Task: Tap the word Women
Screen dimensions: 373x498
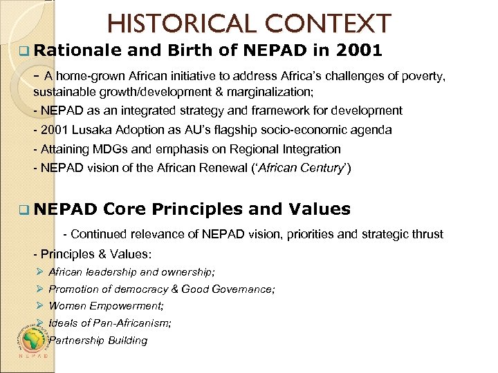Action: point(66,306)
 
